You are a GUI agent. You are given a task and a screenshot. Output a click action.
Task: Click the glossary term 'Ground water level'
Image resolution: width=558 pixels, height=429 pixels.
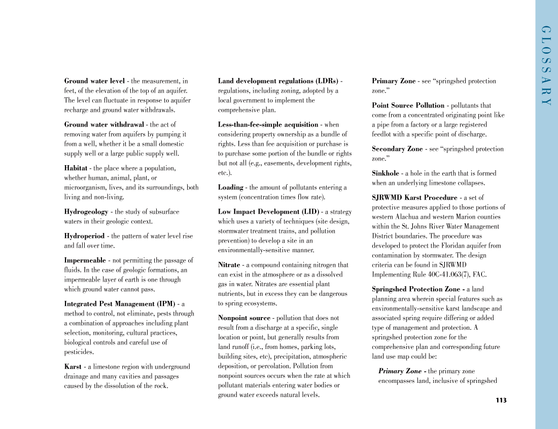pyautogui.click(x=94, y=81)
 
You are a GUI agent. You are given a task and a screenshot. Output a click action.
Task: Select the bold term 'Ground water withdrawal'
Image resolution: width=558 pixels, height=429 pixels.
pyautogui.click(x=104, y=125)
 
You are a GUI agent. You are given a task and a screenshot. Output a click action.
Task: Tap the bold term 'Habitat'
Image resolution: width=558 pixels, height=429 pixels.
pyautogui.click(x=76, y=168)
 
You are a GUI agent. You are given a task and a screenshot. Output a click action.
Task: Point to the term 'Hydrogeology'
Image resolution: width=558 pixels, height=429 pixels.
pyautogui.click(x=86, y=212)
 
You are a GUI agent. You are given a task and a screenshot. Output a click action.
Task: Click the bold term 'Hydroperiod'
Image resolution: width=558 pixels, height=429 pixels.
pyautogui.click(x=84, y=236)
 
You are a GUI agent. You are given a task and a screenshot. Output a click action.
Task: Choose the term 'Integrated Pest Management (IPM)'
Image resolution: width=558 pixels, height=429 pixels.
pyautogui.click(x=119, y=304)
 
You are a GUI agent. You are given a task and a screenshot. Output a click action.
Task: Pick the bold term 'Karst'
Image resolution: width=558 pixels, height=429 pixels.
pyautogui.click(x=73, y=367)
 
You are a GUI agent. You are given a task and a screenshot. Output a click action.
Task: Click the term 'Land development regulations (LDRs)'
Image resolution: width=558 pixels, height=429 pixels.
pyautogui.click(x=278, y=81)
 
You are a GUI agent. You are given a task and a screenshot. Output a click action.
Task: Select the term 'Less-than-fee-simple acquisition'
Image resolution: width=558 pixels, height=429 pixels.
pyautogui.click(x=268, y=125)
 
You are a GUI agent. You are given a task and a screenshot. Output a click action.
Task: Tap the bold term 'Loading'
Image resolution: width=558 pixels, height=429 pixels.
pyautogui.click(x=231, y=187)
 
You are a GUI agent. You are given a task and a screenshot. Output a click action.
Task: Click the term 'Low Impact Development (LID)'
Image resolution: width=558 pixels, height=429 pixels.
pyautogui.click(x=268, y=212)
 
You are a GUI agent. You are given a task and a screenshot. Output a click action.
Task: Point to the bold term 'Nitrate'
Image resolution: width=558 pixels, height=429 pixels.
pyautogui.click(x=229, y=265)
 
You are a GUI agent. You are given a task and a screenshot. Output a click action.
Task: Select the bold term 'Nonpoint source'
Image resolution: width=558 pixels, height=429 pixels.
pyautogui.click(x=244, y=318)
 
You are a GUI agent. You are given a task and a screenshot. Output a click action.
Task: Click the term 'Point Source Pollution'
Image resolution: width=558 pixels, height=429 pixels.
pyautogui.click(x=408, y=105)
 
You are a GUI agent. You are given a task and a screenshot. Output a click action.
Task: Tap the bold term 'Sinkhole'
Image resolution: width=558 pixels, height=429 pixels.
pyautogui.click(x=386, y=173)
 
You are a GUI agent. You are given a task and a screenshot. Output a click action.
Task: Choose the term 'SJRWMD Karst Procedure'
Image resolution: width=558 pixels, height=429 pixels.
pyautogui.click(x=414, y=198)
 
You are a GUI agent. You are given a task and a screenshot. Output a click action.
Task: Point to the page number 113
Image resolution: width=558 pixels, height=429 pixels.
pyautogui.click(x=501, y=400)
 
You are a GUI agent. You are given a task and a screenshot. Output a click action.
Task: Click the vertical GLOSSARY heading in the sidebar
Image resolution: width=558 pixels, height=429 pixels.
pyautogui.click(x=546, y=65)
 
